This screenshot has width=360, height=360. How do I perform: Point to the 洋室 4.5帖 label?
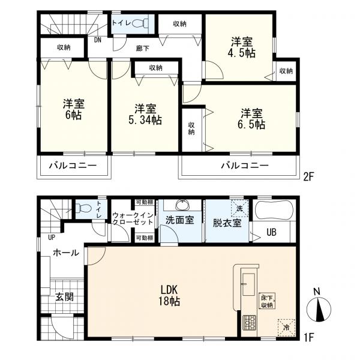pyautogui.click(x=242, y=47)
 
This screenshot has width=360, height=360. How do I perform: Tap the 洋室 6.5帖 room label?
pyautogui.click(x=252, y=119)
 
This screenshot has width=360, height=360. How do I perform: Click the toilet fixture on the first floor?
pyautogui.click(x=83, y=209)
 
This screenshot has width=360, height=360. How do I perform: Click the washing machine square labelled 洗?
pyautogui.click(x=239, y=208)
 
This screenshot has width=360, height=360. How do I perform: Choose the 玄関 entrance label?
pyautogui.click(x=64, y=296)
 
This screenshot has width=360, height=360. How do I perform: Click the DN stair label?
pyautogui.click(x=97, y=40)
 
